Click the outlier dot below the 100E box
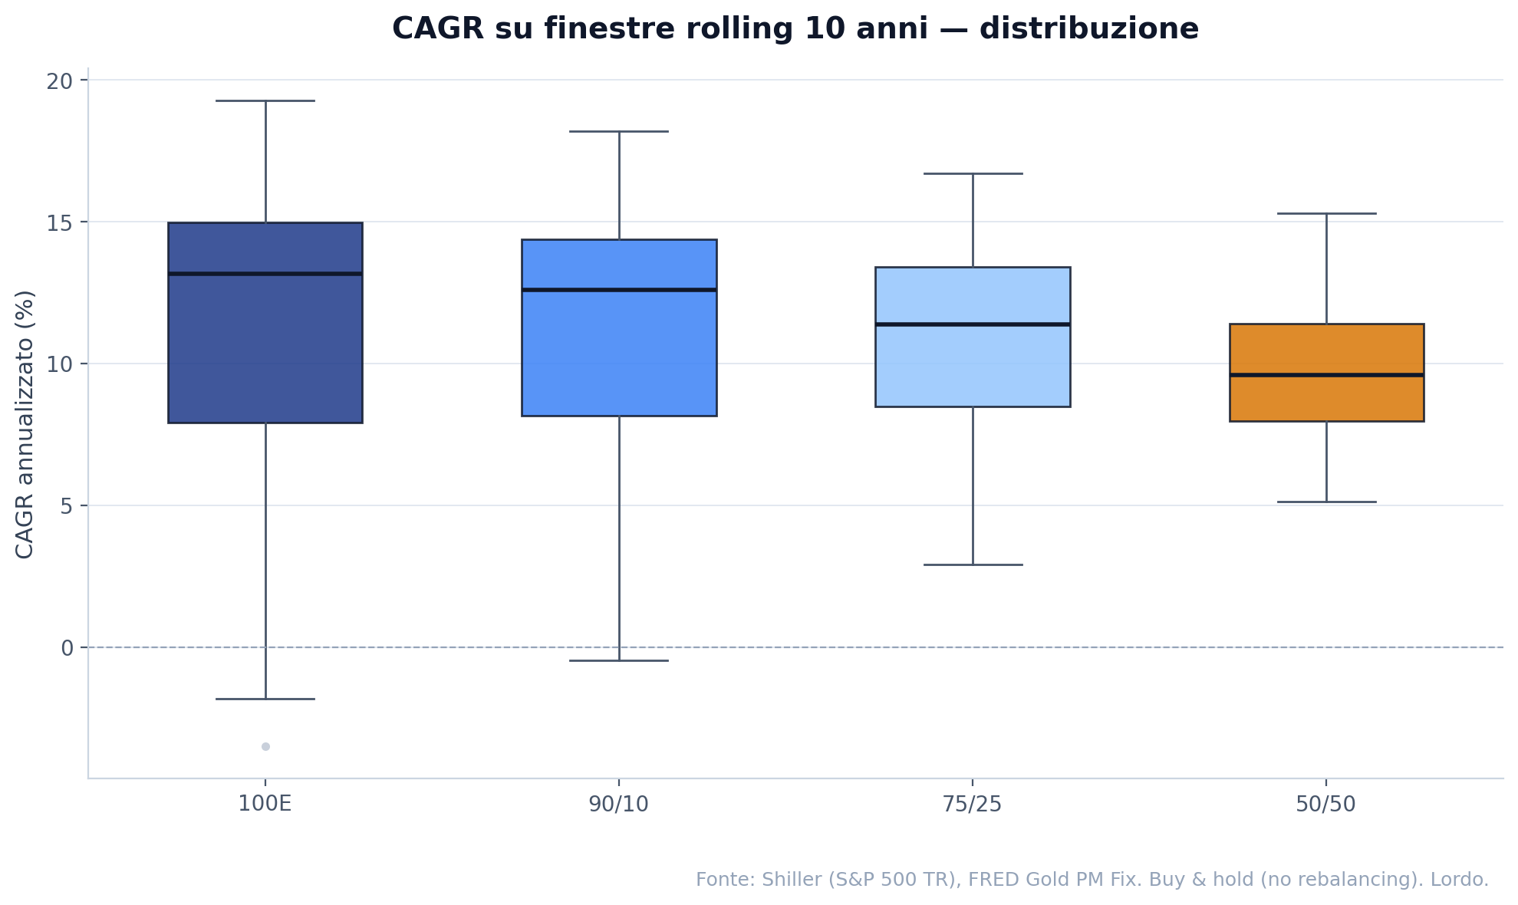[x=265, y=746]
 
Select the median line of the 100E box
[x=265, y=273]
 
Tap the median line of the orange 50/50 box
[x=1326, y=374]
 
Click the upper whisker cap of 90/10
[x=619, y=131]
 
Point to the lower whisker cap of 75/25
[x=973, y=564]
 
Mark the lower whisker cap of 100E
[x=265, y=699]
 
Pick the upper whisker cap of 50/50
[x=1326, y=213]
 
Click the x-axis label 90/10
[x=619, y=805]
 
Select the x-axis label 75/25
[x=973, y=805]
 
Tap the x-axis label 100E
[x=265, y=805]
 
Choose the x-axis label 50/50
[x=1326, y=805]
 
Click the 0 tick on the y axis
[x=68, y=648]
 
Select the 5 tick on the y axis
[x=68, y=506]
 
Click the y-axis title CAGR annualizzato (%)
[x=25, y=424]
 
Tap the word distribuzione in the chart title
[x=1089, y=29]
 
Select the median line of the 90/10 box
[x=619, y=289]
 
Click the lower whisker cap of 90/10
[x=619, y=660]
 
